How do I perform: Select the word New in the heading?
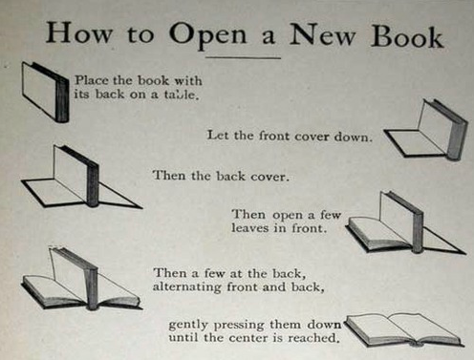(322, 34)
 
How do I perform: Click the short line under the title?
(243, 58)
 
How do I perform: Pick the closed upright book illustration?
(45, 92)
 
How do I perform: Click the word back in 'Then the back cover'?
(230, 176)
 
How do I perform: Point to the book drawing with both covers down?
(81, 177)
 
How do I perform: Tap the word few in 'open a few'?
(331, 215)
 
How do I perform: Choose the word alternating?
(186, 287)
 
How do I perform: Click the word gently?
(188, 326)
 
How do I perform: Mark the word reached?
(312, 338)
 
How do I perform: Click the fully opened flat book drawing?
(404, 330)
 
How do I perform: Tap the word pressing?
(239, 326)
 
